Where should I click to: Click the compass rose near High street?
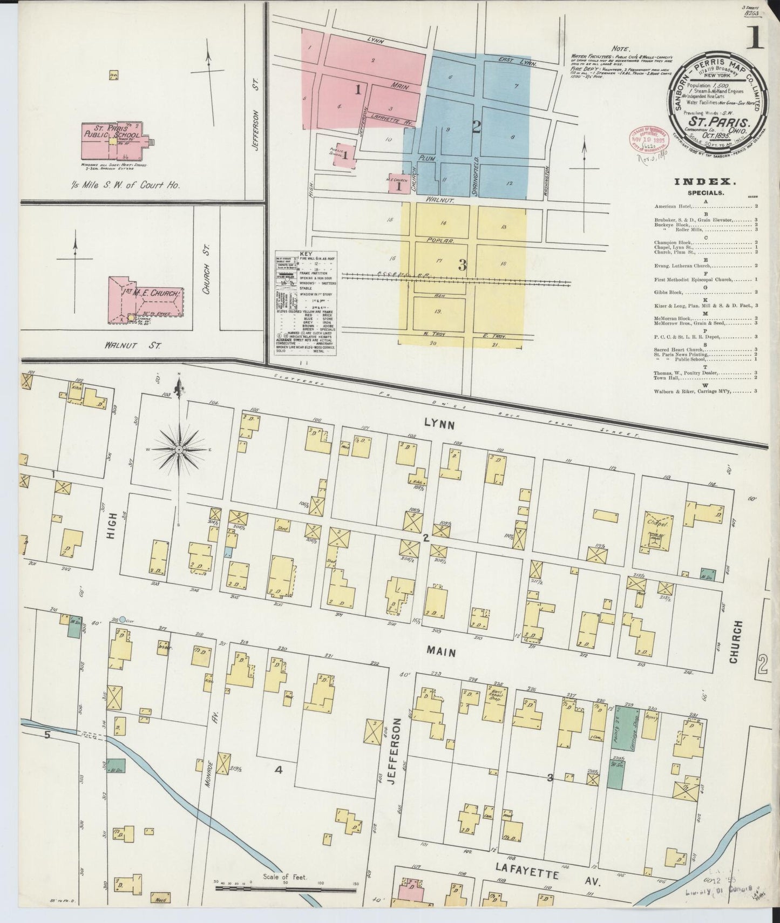point(178,449)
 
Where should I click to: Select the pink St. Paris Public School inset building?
point(111,140)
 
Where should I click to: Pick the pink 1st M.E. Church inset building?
point(146,300)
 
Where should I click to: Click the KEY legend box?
point(306,302)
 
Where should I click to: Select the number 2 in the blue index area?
point(476,126)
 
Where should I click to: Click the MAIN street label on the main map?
point(441,653)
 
